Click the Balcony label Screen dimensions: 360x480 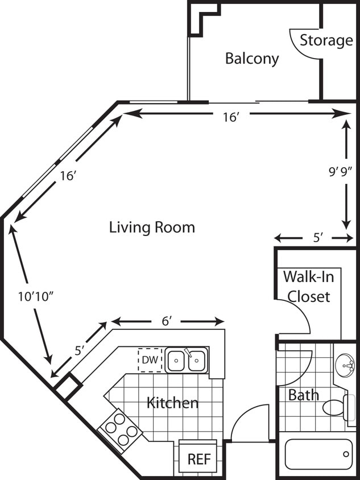pos(252,59)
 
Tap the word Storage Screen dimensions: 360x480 pos(326,40)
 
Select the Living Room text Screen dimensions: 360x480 pos(152,227)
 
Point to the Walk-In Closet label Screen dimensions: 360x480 pos(309,287)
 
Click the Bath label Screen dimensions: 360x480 pos(304,395)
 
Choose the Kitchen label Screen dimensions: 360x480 pos(173,403)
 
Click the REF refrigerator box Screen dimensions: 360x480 pos(198,456)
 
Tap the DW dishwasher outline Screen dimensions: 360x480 pos(150,360)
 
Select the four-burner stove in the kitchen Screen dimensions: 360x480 pos(120,430)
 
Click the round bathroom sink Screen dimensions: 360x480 pos(345,365)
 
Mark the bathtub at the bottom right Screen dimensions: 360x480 pos(318,454)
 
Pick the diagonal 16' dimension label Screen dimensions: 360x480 pos(68,176)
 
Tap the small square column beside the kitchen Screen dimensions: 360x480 pos(68,386)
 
